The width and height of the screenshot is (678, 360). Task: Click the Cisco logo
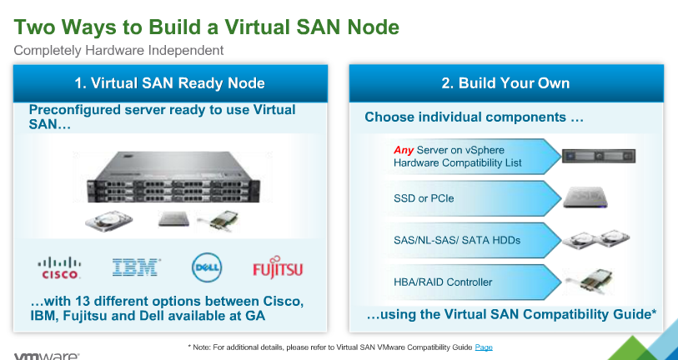coord(59,268)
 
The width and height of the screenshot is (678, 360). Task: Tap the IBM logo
coord(137,267)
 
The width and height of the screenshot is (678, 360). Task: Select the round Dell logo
coord(207,267)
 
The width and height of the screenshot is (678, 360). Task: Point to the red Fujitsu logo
coord(278,267)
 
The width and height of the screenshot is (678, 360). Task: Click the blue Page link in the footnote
coord(484,347)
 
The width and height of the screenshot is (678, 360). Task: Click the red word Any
coord(404,150)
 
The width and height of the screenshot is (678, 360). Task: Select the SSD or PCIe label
coord(424,198)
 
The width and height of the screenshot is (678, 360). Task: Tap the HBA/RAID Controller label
coord(443,282)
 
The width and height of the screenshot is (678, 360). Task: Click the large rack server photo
coord(173,177)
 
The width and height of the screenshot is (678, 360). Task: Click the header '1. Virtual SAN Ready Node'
coord(170,83)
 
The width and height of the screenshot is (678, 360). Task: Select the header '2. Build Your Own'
coord(505,83)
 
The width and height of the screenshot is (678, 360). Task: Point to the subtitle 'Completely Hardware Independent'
coord(118,50)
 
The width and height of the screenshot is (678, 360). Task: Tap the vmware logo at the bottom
coord(47,357)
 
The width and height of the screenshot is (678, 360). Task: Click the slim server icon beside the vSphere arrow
coord(599,156)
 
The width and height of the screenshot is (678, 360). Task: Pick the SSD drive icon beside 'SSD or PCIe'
coord(585,197)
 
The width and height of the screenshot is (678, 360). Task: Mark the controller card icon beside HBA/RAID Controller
coord(590,282)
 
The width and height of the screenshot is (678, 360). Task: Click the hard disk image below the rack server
coord(108,222)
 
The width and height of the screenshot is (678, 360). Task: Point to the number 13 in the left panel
coord(83,301)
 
